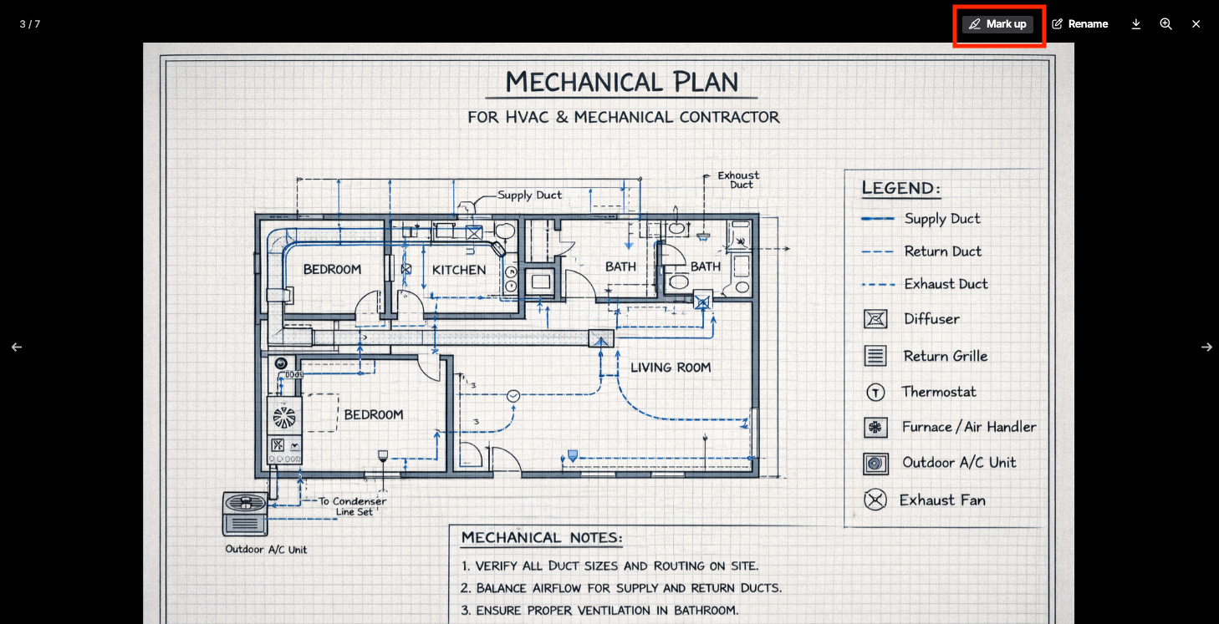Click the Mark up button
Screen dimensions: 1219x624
click(998, 24)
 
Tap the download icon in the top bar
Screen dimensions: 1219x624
click(1135, 24)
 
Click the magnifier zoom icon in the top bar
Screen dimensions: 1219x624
click(1165, 24)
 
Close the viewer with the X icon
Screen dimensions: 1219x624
click(1196, 24)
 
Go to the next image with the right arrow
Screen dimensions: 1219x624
click(1206, 347)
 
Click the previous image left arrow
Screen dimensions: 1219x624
click(17, 347)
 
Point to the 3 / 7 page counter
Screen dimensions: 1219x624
click(30, 24)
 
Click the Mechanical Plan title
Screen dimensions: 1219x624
click(621, 82)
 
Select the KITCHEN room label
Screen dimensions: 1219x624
click(459, 270)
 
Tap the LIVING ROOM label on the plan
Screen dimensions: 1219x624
click(671, 368)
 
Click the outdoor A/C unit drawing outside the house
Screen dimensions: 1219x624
click(245, 514)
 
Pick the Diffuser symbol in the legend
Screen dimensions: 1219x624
click(875, 319)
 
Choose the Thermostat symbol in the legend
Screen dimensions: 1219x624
click(875, 392)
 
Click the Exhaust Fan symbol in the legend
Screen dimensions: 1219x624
click(875, 500)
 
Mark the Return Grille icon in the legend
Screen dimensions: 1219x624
click(875, 356)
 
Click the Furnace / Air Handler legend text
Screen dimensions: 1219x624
click(969, 427)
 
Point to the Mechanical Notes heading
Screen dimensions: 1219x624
click(542, 538)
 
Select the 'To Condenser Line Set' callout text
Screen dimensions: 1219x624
click(353, 506)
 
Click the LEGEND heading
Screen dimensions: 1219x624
click(900, 188)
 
